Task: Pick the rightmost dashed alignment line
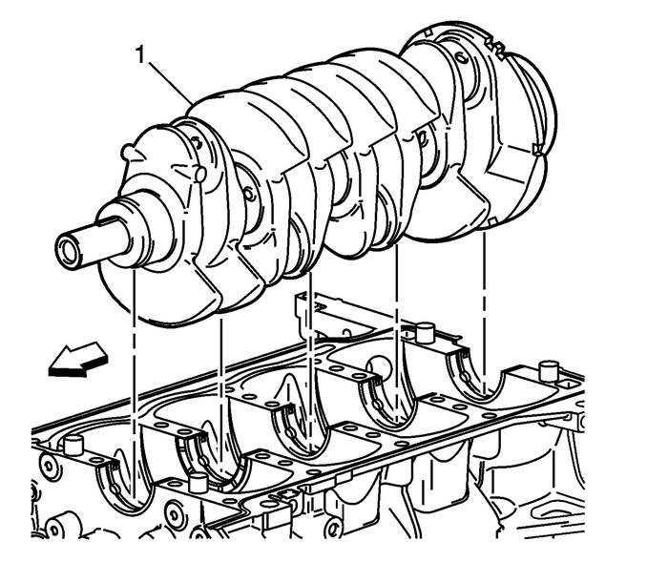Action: point(486,305)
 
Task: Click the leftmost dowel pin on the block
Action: point(73,443)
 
